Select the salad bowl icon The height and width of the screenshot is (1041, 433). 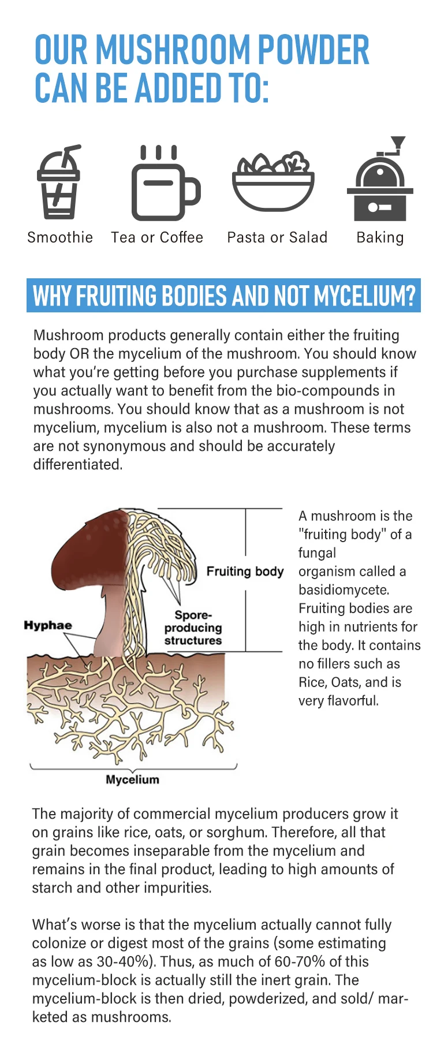tap(273, 183)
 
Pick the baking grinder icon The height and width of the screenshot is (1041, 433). tap(380, 184)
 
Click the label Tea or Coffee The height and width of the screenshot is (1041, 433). tap(157, 237)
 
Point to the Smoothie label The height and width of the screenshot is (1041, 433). tap(60, 237)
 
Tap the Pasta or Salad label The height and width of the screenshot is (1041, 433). tap(277, 237)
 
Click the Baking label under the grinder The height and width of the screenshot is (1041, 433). tap(380, 237)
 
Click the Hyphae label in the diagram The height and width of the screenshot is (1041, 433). tap(48, 625)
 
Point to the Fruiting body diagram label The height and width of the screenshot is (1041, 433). tap(245, 572)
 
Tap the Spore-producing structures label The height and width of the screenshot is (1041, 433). tap(193, 628)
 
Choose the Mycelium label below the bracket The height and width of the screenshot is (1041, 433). tap(132, 779)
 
